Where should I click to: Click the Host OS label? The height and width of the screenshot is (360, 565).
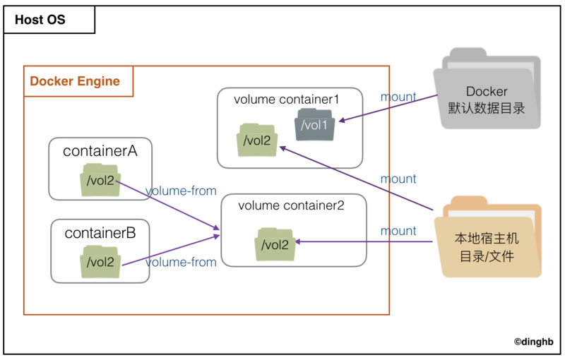point(40,20)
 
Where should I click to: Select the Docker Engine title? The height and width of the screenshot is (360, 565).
point(75,81)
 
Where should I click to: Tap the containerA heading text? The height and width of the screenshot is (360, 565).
point(100,151)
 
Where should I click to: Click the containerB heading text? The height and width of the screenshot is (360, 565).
point(100,233)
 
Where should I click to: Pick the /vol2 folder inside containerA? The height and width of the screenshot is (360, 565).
point(100,180)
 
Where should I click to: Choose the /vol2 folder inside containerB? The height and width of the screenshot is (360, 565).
point(100,262)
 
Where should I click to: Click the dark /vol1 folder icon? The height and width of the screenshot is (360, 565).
point(314,124)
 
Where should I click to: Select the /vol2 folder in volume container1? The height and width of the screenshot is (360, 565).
point(257,140)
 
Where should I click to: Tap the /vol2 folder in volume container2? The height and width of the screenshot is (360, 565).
point(275,244)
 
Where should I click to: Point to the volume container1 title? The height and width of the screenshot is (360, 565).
point(287,100)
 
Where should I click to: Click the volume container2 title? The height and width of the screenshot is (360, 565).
point(291,205)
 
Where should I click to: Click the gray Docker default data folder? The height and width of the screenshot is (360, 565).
point(487,88)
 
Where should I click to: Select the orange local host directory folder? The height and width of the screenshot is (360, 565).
point(488,237)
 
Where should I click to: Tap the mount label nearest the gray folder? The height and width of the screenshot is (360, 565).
point(398,97)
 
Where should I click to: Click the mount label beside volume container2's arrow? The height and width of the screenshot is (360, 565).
point(398,231)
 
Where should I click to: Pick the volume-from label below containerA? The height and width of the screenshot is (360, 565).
point(181,191)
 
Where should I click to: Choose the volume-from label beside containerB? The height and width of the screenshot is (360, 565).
point(181,262)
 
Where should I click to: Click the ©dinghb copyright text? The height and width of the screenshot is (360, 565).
point(534,342)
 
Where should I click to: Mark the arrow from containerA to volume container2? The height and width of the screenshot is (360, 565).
point(167,205)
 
